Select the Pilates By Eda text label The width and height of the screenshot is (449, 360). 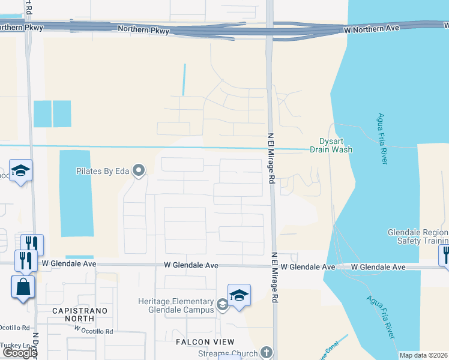(x=103, y=171)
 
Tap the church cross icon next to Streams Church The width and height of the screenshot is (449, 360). (x=267, y=353)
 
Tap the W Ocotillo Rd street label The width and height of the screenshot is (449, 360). (x=94, y=331)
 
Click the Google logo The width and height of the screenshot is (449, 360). (x=19, y=353)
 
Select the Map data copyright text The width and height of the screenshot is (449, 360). (x=423, y=355)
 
